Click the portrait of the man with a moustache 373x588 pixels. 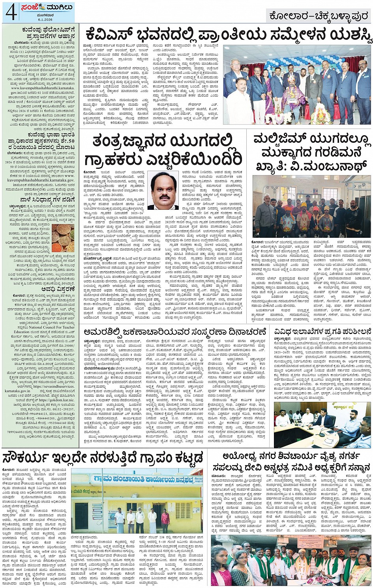click(x=163, y=189)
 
